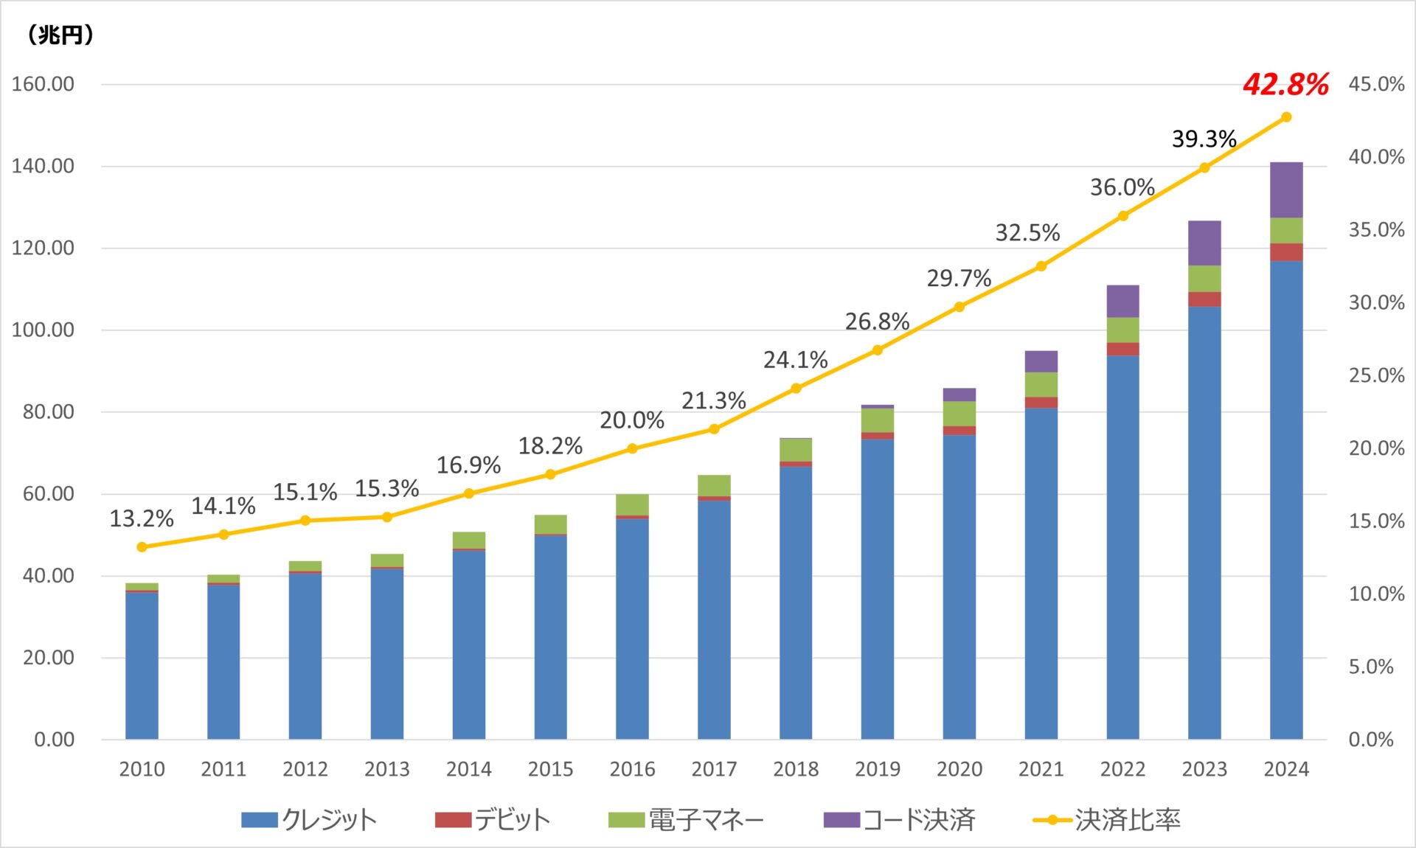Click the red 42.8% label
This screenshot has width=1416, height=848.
[x=1285, y=84]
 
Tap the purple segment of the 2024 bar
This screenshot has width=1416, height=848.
[x=1285, y=190]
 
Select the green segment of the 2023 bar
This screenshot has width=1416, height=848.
[x=1204, y=279]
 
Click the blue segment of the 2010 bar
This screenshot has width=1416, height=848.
[x=142, y=664]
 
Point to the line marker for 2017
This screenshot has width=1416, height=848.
[x=714, y=429]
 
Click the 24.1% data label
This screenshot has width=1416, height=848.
[x=795, y=360]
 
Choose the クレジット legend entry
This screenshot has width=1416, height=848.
[x=310, y=820]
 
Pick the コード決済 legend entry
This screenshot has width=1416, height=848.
[x=900, y=820]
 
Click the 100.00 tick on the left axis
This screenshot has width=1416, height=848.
[x=43, y=330]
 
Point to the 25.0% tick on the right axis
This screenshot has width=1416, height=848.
[x=1376, y=375]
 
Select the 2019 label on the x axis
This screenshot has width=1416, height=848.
[x=877, y=769]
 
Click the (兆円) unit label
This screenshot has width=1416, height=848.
[x=60, y=35]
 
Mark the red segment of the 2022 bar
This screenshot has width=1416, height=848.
[x=1122, y=349]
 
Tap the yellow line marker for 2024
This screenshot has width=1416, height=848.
[x=1286, y=117]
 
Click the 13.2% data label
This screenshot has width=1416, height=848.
[x=141, y=519]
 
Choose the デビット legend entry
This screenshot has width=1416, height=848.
[x=493, y=820]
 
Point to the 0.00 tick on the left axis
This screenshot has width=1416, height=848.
[x=54, y=740]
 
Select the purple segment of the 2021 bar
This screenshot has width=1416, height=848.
[x=1041, y=361]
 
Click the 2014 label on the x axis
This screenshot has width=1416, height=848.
[x=468, y=769]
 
